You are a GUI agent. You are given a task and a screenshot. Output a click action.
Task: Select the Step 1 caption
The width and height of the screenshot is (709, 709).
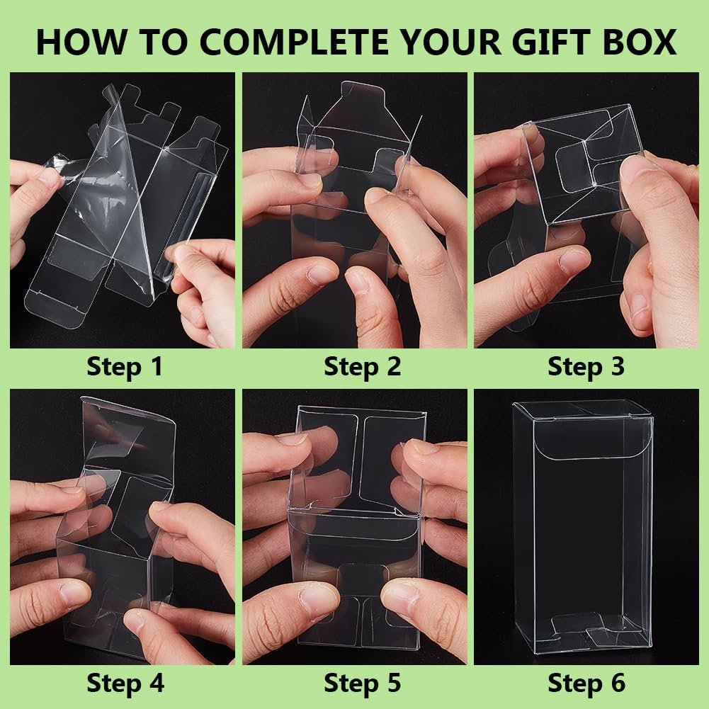pyautogui.click(x=124, y=367)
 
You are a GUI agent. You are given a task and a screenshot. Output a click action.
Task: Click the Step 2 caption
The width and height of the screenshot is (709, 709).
pyautogui.click(x=362, y=367)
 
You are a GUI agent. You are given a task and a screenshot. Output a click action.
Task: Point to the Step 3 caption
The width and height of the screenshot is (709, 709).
pyautogui.click(x=586, y=367)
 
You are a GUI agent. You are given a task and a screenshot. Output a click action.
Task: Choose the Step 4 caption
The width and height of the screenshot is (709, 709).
pyautogui.click(x=124, y=683)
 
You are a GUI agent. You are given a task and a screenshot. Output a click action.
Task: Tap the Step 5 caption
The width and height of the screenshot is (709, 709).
pyautogui.click(x=362, y=683)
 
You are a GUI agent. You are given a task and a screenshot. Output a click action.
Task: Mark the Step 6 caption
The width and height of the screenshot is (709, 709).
pyautogui.click(x=586, y=683)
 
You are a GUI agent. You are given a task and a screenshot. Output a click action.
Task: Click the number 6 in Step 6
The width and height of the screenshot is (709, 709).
pyautogui.click(x=618, y=683)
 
